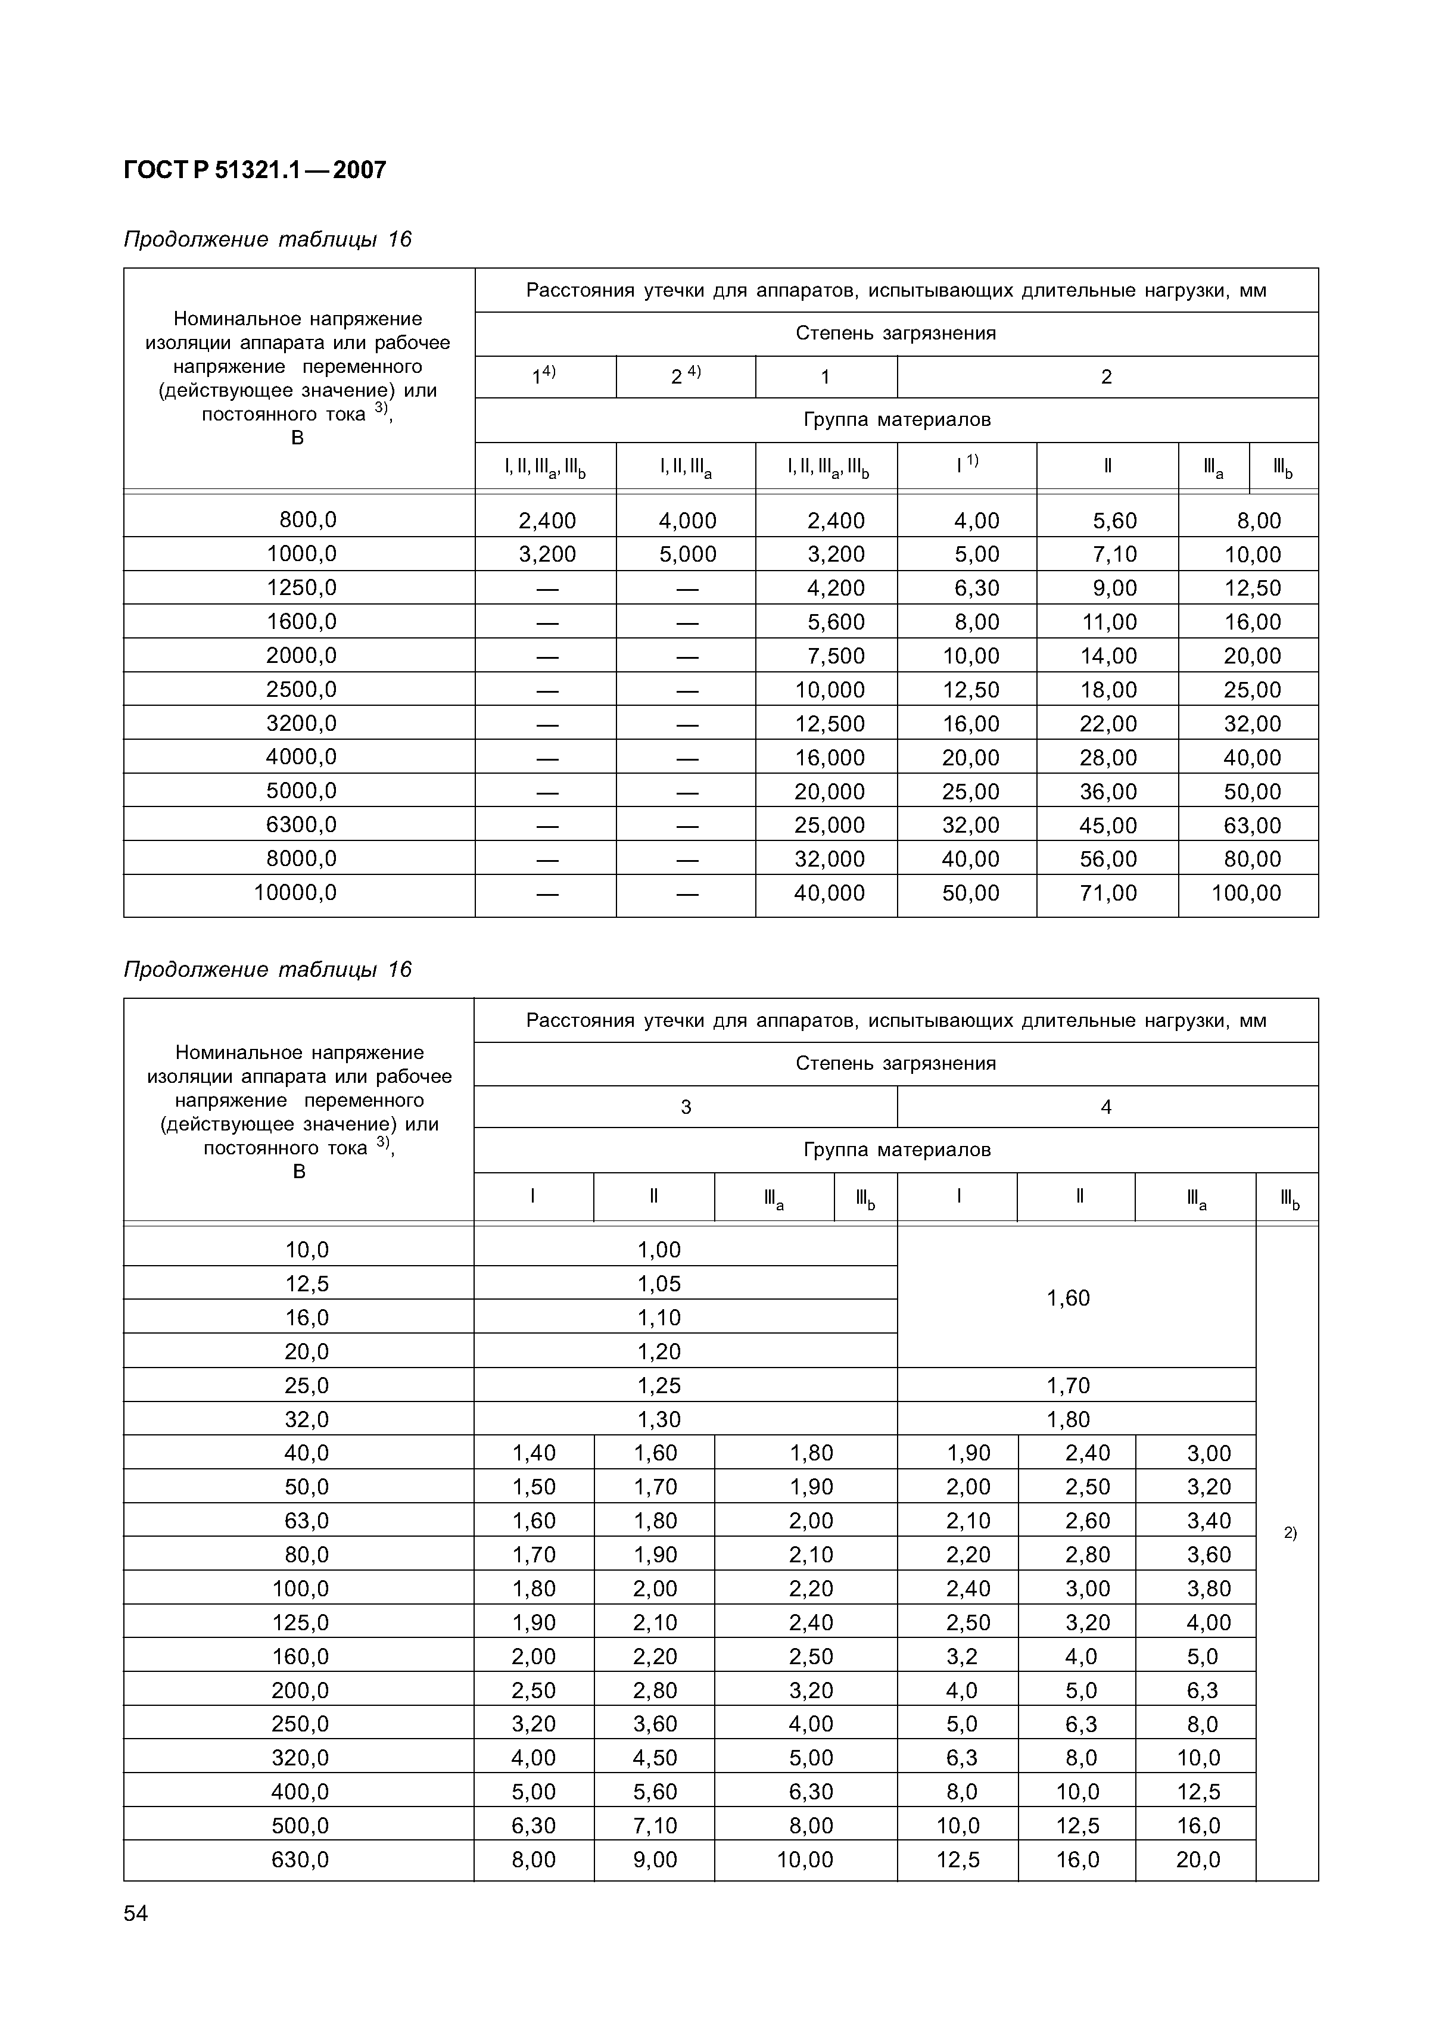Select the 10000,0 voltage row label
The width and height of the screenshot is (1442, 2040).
click(296, 892)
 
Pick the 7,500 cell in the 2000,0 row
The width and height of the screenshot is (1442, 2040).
click(835, 656)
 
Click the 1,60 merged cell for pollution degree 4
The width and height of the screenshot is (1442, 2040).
click(1068, 1298)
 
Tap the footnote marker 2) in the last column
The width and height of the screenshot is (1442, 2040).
click(1290, 1533)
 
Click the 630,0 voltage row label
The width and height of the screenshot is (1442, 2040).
click(300, 1859)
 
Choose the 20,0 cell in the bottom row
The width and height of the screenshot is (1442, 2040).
click(1198, 1860)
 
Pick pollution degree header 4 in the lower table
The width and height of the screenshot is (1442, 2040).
click(1106, 1107)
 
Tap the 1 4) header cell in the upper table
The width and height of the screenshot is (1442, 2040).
click(544, 376)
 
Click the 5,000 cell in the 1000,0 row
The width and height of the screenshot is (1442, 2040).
click(687, 555)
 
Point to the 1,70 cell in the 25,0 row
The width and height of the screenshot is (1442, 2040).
click(1068, 1385)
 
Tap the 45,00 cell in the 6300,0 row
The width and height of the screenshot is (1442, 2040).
click(1108, 826)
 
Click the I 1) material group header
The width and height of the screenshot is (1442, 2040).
click(967, 466)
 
